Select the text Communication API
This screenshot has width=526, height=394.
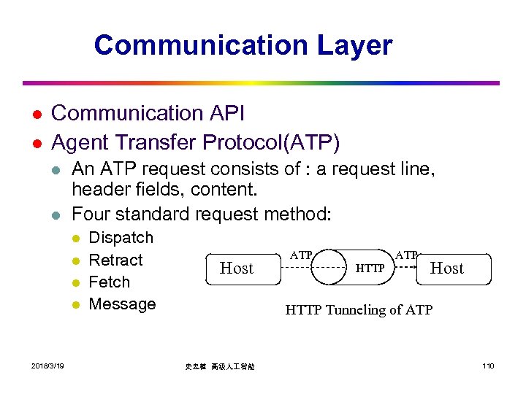point(148,113)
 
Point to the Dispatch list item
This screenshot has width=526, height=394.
point(121,238)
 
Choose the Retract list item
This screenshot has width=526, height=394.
point(115,260)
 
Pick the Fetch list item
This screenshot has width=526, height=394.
point(109,282)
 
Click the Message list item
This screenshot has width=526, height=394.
point(122,304)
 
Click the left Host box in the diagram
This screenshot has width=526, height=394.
point(236,269)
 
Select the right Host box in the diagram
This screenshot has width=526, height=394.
point(446,268)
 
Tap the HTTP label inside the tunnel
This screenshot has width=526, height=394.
point(370,269)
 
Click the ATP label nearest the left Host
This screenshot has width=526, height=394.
point(301,255)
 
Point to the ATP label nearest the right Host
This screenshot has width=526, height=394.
point(406,255)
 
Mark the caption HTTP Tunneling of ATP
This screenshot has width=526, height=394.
point(358,310)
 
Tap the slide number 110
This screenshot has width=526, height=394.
point(487,366)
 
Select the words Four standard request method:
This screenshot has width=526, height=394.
point(201,215)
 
